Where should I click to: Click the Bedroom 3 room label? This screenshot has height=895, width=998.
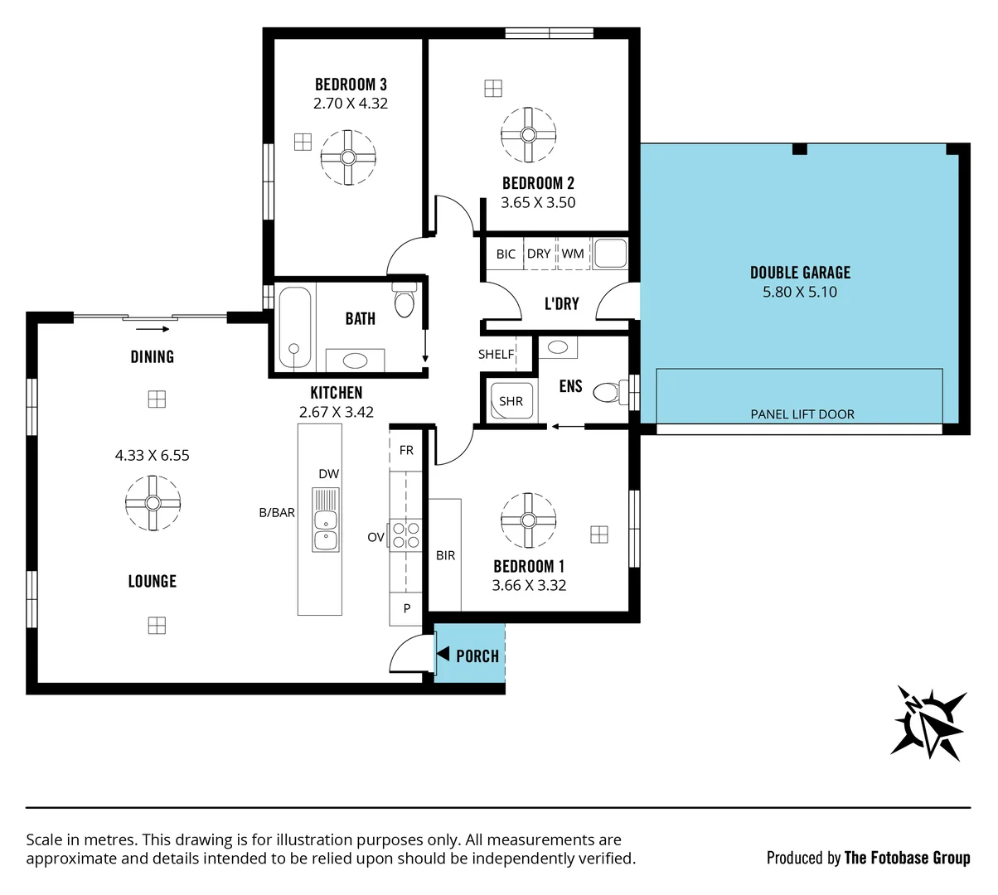coord(351,85)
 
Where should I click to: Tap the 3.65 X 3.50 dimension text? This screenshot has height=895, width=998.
coord(538,202)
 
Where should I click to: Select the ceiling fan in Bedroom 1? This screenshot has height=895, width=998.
coord(528,520)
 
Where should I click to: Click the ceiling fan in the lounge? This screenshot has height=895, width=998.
coord(153,502)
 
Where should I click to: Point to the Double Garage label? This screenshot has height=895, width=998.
coord(800,273)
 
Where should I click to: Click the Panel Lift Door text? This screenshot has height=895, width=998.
coord(802,414)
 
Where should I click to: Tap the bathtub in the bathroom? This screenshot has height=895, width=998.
coord(294,327)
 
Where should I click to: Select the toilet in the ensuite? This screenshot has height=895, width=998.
coord(609,390)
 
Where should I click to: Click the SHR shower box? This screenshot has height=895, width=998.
coord(511,401)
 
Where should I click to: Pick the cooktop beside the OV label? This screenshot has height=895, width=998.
coord(406,535)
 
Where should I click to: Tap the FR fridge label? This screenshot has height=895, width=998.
coord(406,451)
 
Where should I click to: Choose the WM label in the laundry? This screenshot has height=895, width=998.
coord(573,254)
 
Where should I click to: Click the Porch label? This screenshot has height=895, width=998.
coord(477,656)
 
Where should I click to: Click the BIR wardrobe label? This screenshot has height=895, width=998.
coord(445,555)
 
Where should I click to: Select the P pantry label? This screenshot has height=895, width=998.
coord(407,608)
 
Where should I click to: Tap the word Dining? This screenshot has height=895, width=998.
coord(153,356)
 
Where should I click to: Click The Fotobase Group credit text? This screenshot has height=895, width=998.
coord(907,858)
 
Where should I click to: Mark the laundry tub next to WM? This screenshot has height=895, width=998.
coord(610,254)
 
